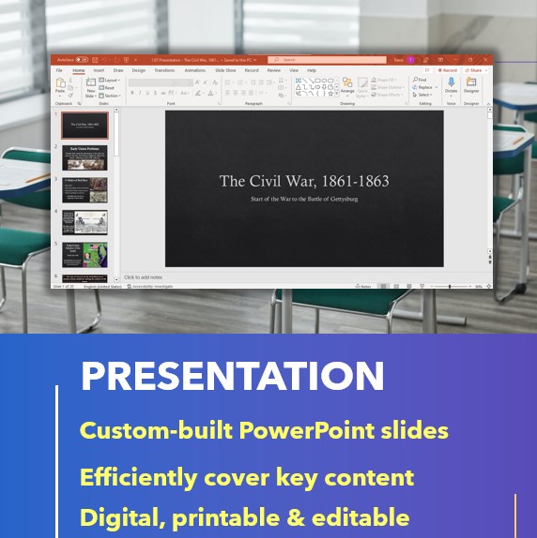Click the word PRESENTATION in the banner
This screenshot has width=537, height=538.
tap(232, 376)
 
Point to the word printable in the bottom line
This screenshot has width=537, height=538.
tap(228, 517)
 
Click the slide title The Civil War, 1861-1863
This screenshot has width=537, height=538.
tap(303, 181)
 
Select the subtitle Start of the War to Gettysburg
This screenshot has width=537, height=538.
tap(303, 199)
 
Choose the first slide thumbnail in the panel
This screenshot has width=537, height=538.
tap(85, 126)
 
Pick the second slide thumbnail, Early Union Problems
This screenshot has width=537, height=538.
tap(85, 157)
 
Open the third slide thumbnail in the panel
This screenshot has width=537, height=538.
tap(85, 189)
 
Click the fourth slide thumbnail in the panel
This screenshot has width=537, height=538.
tap(85, 222)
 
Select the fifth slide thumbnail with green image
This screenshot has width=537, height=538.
tap(85, 254)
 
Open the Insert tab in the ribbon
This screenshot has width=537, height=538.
tap(99, 70)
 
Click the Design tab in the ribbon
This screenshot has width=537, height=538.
tap(138, 70)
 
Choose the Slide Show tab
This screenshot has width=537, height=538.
tap(225, 70)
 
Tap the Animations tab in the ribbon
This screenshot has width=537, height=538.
tap(194, 70)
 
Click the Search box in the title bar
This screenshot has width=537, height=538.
tap(324, 59)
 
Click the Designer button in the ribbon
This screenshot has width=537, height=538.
tap(471, 85)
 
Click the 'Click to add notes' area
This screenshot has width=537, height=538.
tap(143, 277)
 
